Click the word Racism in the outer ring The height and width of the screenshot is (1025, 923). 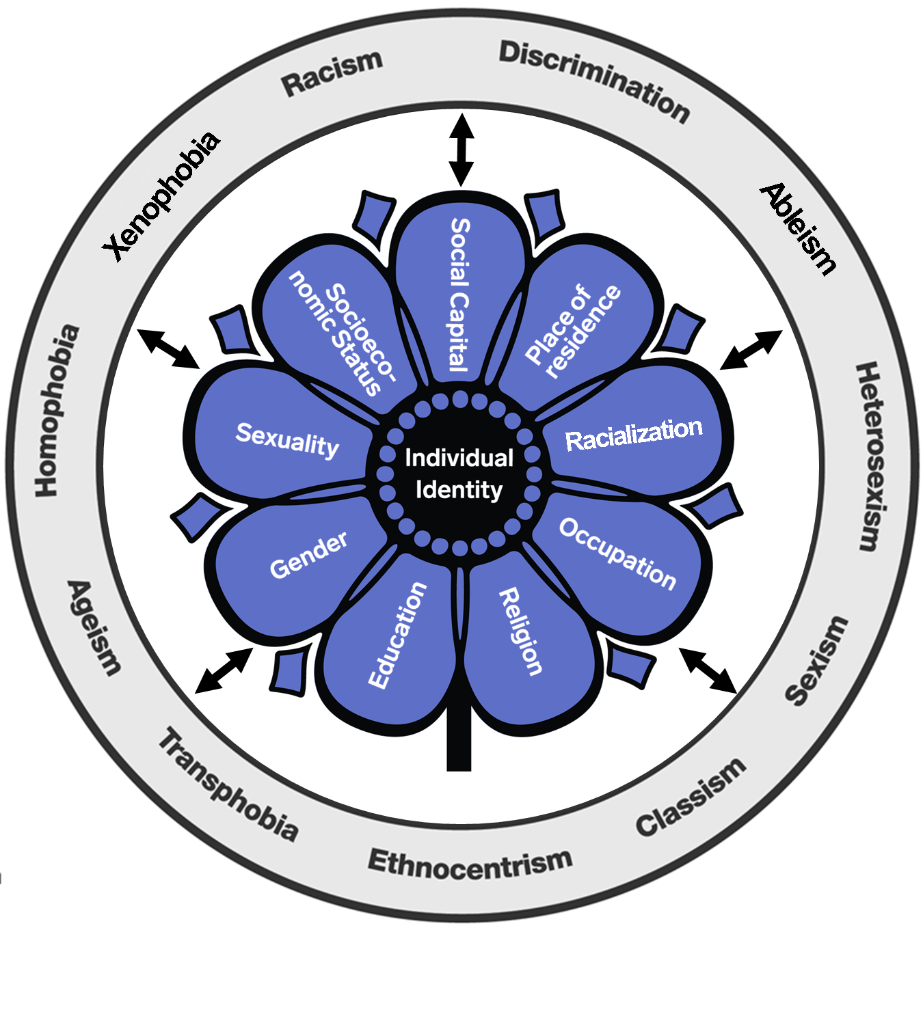point(332,72)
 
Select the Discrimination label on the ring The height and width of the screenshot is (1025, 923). point(593,81)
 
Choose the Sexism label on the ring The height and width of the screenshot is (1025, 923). point(816,660)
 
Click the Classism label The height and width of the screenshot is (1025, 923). point(691,797)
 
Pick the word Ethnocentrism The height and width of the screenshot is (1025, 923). point(470,863)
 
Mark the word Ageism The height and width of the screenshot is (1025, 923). point(94,627)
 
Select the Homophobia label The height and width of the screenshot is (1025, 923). point(57,411)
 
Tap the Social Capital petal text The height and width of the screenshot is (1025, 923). point(460,295)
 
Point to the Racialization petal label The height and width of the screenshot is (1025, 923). point(634,435)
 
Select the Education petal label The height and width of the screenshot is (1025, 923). point(397,635)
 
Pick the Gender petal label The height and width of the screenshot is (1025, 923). point(308,555)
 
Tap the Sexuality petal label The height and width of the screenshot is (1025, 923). point(287,440)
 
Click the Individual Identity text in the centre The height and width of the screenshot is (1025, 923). point(459,474)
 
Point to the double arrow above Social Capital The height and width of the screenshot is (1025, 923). point(461,150)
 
